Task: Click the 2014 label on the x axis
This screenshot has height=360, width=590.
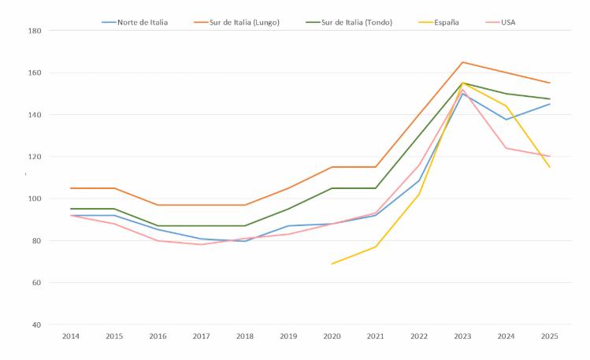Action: coord(72,337)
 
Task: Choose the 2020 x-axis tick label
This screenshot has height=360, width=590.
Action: coord(332,337)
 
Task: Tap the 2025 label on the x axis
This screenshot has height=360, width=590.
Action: coord(549,337)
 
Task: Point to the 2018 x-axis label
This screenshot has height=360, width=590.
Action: coord(245,337)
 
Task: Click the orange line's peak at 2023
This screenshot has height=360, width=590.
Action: coord(462,62)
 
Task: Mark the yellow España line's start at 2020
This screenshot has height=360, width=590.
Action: coord(332,264)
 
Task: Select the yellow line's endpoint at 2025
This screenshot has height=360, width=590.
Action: coord(549,167)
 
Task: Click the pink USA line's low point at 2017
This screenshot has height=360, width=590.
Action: coord(202,244)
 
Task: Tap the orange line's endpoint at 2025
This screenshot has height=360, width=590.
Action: coord(549,83)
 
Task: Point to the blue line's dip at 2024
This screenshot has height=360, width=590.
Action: coord(506,120)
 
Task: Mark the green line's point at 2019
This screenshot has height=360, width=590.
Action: coord(288,209)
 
